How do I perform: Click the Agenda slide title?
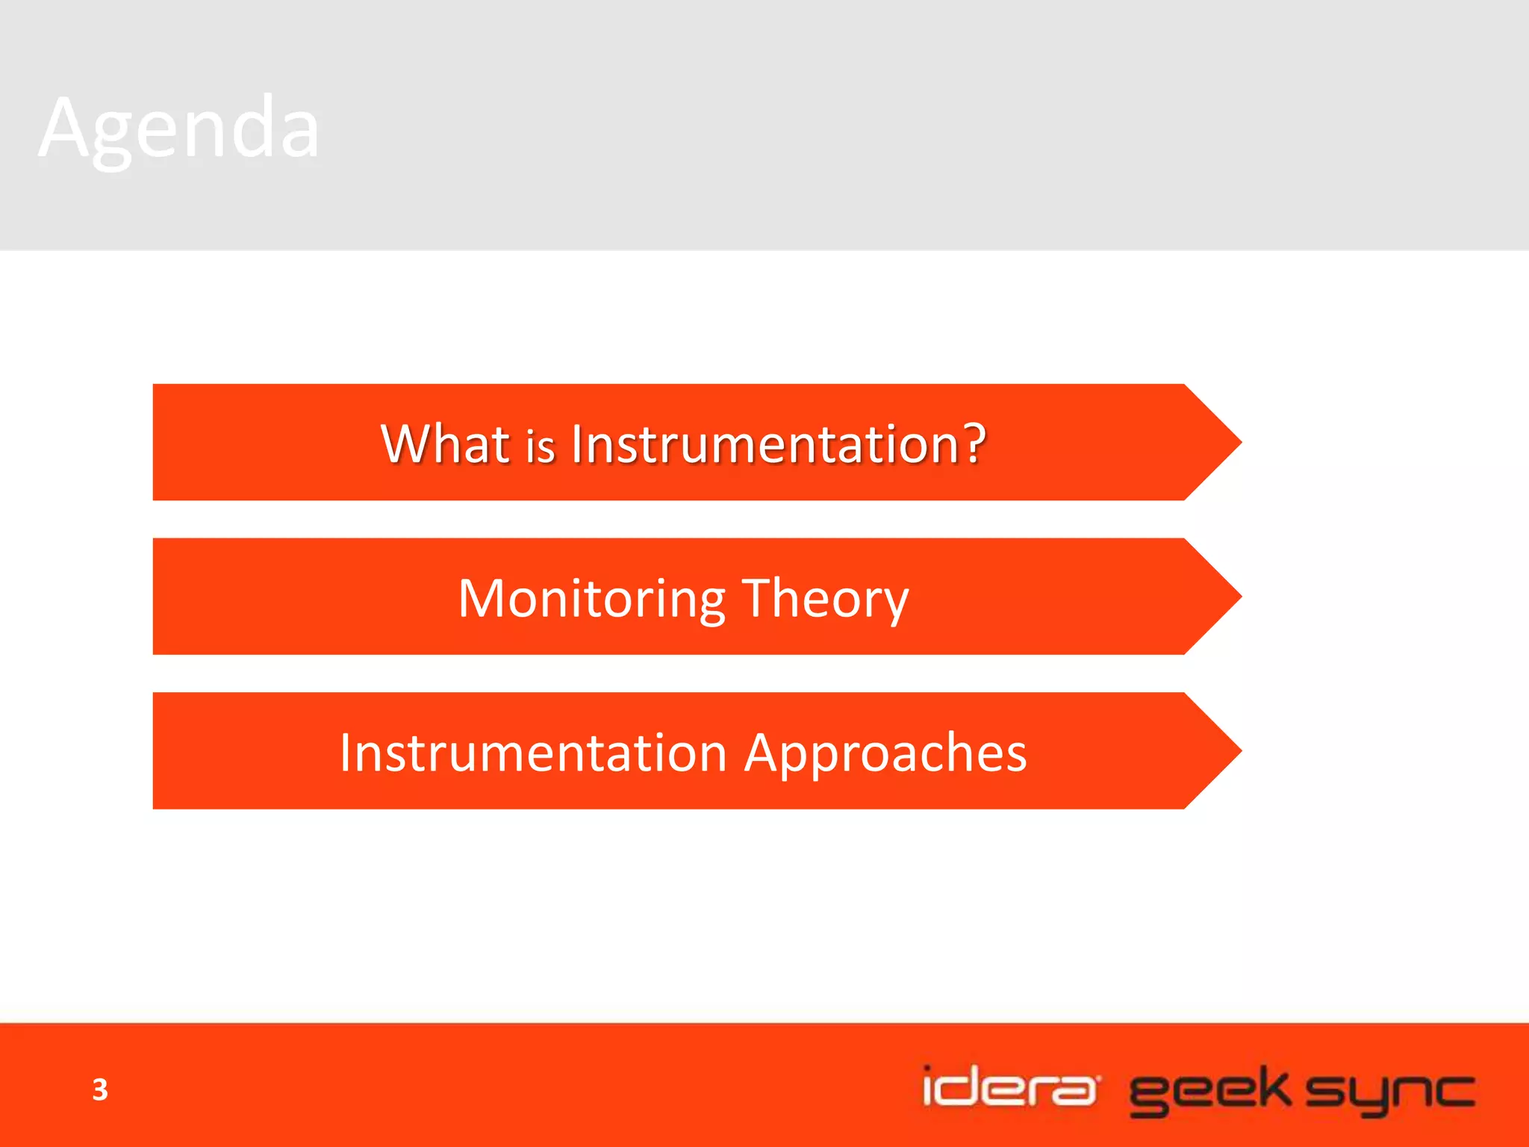[x=179, y=128]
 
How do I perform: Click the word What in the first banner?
[x=445, y=444]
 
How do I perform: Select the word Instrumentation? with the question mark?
[x=778, y=444]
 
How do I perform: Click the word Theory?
[x=826, y=599]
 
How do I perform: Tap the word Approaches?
[x=885, y=753]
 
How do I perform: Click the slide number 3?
[x=100, y=1090]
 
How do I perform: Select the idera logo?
[x=1009, y=1087]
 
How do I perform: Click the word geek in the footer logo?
[x=1209, y=1091]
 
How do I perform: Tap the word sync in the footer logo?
[x=1390, y=1092]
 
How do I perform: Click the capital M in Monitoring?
[x=482, y=598]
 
